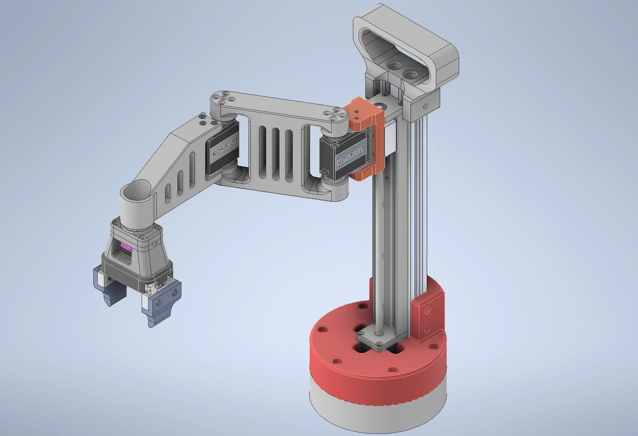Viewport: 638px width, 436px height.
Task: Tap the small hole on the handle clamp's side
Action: (x=425, y=106)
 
